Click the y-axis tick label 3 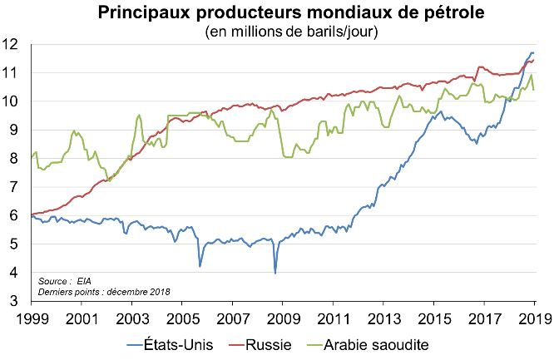click(x=16, y=301)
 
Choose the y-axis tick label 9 click(x=16, y=129)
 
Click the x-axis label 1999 click(x=31, y=317)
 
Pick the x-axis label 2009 click(x=282, y=317)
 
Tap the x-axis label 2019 click(x=533, y=317)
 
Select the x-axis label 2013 click(x=383, y=317)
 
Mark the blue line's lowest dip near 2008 click(x=275, y=272)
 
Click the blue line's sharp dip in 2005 click(x=200, y=265)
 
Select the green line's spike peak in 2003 click(x=138, y=115)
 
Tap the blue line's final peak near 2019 click(x=532, y=53)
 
